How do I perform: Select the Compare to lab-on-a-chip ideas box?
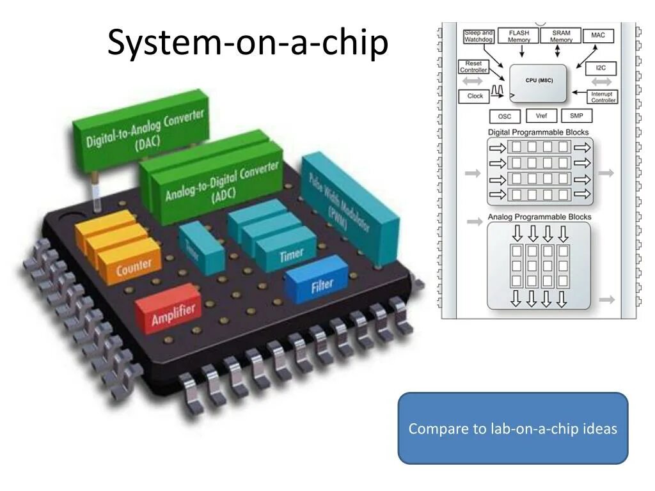[512, 428]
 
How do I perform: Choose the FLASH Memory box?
[519, 36]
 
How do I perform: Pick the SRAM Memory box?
[561, 36]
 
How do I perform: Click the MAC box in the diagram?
[598, 35]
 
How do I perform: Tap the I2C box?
[600, 67]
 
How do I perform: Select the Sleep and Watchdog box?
[478, 36]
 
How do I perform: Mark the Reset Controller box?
[473, 66]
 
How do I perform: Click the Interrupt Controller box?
[603, 97]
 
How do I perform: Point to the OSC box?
[505, 116]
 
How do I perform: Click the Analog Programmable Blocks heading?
[539, 217]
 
